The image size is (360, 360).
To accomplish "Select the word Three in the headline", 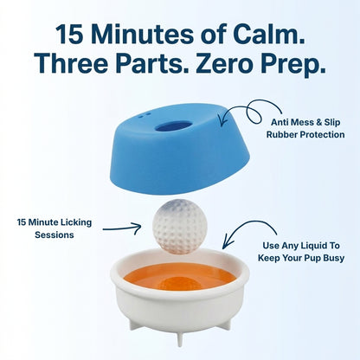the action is (x=71, y=62).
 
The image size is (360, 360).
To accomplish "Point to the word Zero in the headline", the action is (x=223, y=62).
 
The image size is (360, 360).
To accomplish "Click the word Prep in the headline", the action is (x=292, y=65).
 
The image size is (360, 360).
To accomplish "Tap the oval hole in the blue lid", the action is (x=173, y=127).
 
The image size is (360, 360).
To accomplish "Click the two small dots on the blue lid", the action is (x=144, y=115).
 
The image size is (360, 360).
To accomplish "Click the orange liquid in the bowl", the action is (x=180, y=278).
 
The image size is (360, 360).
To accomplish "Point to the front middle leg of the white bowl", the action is (x=180, y=338).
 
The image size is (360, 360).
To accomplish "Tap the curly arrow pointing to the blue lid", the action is (x=250, y=111).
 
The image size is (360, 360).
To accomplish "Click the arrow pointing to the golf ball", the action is (x=122, y=228).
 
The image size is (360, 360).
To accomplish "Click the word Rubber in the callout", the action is (x=281, y=135).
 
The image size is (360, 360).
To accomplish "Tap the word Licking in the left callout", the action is (x=76, y=222).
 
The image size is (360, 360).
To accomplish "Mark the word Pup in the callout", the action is (x=314, y=259).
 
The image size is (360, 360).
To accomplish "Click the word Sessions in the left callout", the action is (x=55, y=235).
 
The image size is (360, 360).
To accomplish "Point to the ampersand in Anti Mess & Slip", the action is (x=318, y=122).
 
